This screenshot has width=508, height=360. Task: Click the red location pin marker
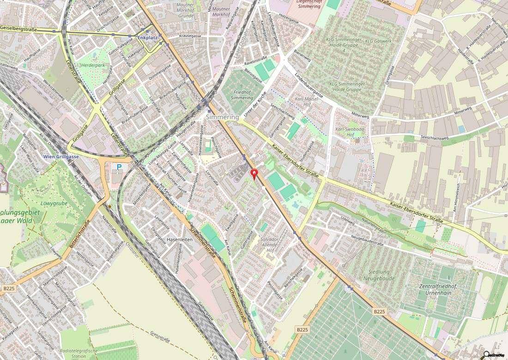tap(254, 174)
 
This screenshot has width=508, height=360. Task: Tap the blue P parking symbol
tap(119, 167)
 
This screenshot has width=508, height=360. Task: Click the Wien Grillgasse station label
tap(61, 157)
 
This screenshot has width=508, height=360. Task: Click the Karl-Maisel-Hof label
tap(306, 102)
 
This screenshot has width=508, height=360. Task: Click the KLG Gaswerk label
tap(375, 41)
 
